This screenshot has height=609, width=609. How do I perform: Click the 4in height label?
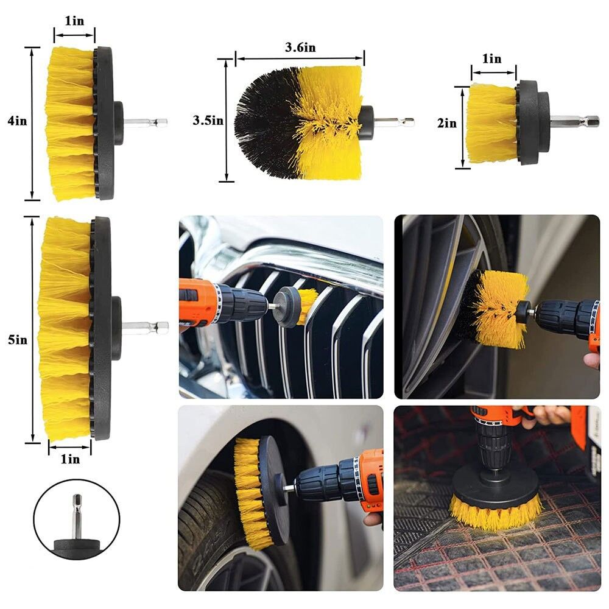18,121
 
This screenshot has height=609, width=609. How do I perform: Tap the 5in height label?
18,340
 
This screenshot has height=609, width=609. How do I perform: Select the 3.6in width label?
300,48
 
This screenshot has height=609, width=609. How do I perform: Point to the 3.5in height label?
208,121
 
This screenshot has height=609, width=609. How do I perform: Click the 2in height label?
447,123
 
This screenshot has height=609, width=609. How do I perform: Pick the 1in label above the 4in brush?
74,21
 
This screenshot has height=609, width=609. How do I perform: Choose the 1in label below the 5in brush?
70,459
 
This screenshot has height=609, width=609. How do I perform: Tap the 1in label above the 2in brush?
491,58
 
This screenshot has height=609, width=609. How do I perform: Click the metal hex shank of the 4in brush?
146,122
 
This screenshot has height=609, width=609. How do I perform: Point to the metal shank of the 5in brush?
146,326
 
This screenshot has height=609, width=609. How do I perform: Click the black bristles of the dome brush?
268,122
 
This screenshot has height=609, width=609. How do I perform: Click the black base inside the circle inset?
77,545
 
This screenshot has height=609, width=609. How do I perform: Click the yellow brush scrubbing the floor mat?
496,513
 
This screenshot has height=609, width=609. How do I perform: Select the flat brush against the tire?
259,491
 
